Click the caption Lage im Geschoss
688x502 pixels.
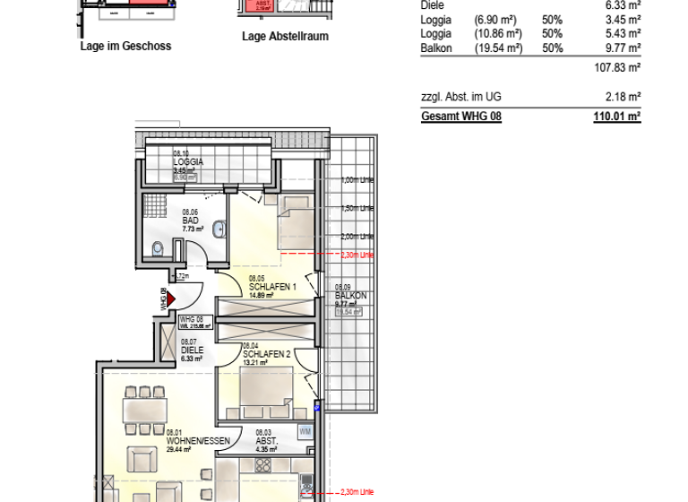tap(125, 46)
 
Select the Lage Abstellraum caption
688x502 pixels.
tap(285, 37)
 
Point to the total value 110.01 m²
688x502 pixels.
tap(617, 117)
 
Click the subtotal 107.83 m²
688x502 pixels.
tap(618, 67)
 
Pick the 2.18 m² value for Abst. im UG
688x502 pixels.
tap(623, 96)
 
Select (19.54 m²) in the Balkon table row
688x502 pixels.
tap(499, 48)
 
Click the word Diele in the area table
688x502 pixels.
tap(432, 5)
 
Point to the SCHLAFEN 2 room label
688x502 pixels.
tap(266, 354)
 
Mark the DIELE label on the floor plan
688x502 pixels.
tap(188, 351)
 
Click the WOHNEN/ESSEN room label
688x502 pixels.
tap(198, 441)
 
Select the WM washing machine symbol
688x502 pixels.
tap(305, 433)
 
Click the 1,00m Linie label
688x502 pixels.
tap(357, 180)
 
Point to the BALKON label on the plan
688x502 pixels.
tap(348, 295)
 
